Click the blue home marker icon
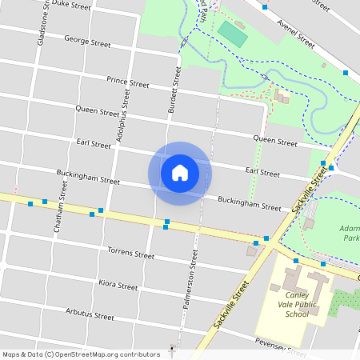click(180, 173)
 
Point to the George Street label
click(87, 41)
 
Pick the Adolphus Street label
click(123, 115)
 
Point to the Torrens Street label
click(130, 254)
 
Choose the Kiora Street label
click(118, 284)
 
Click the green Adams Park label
click(349, 232)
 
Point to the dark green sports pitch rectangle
click(234, 33)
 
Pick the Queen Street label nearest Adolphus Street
click(98, 110)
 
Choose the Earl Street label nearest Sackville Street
click(262, 172)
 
